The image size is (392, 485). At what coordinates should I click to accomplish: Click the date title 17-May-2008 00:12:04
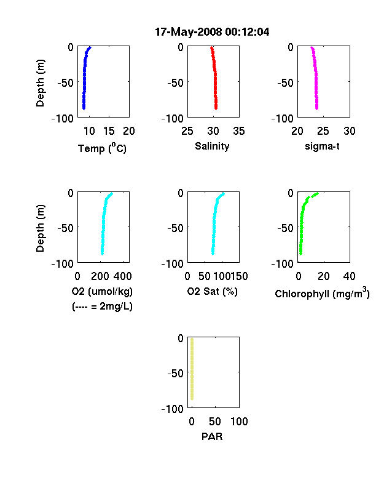[212, 32]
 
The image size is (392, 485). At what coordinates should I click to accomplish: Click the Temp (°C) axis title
[102, 148]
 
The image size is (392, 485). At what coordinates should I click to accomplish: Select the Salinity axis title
[212, 146]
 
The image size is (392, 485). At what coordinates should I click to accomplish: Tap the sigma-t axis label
[322, 146]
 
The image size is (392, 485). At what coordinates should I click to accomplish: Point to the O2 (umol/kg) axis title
[102, 291]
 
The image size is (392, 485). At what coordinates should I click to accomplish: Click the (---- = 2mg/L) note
[102, 307]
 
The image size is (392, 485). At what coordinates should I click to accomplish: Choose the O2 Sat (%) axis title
[212, 291]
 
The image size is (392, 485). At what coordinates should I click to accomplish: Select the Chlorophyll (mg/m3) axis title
[322, 292]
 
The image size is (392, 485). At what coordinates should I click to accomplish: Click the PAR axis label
[212, 436]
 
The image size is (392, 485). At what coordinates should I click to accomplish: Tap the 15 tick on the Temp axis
[109, 131]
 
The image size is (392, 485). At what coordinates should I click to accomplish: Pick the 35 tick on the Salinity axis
[239, 131]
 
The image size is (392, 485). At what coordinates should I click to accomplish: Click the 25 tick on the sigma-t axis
[323, 131]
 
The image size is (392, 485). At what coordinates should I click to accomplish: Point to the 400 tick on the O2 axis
[122, 276]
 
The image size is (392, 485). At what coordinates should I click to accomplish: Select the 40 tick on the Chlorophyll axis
[349, 276]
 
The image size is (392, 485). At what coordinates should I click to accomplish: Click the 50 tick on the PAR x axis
[214, 421]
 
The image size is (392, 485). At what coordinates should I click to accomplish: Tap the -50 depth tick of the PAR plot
[175, 374]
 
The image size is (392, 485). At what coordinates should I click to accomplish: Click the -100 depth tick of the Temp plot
[63, 118]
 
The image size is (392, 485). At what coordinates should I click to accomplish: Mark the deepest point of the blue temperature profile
[84, 108]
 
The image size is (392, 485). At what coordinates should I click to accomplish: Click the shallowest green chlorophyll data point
[316, 194]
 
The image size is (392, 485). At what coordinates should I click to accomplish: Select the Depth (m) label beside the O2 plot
[40, 228]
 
